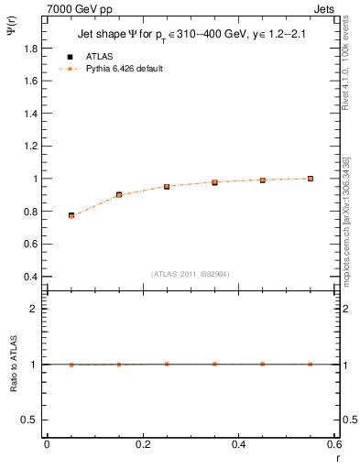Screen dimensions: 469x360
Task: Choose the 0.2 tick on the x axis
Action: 143,444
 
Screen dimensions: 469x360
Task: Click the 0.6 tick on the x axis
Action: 335,444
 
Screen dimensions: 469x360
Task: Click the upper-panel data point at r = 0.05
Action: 71,215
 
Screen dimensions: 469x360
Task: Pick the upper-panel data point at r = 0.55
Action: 311,179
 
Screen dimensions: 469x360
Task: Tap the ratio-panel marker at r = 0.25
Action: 167,364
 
